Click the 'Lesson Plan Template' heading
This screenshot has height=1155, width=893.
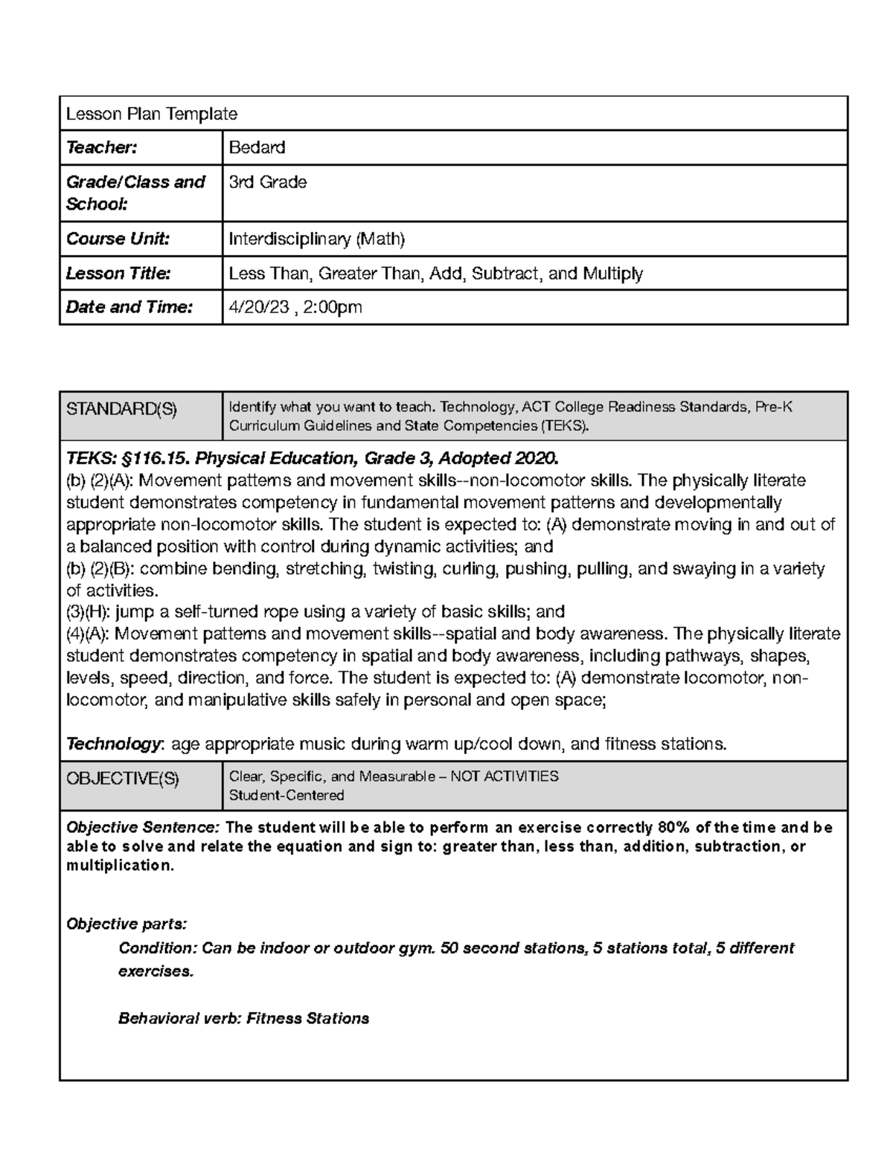(152, 114)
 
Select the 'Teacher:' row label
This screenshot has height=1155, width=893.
(101, 148)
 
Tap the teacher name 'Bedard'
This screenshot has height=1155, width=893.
(257, 148)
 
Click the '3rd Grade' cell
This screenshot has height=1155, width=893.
(267, 182)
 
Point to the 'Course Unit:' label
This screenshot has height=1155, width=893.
(118, 239)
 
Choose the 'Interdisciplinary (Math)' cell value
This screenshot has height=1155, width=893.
(316, 239)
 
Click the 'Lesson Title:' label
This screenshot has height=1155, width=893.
(118, 273)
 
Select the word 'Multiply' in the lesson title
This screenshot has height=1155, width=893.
(612, 273)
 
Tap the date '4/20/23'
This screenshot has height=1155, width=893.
(259, 307)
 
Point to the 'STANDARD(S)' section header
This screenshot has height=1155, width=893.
(121, 408)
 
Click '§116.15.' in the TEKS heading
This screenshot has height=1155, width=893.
(149, 457)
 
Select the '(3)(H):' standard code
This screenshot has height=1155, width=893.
(89, 612)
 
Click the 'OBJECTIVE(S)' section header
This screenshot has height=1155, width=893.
(123, 778)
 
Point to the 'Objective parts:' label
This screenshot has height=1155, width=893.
(127, 924)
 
